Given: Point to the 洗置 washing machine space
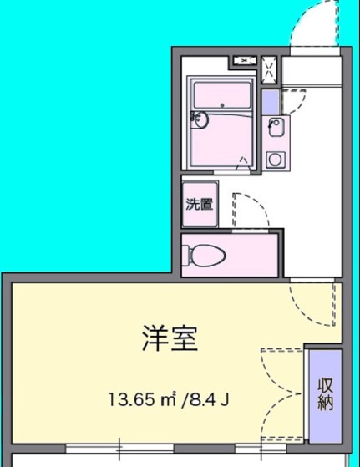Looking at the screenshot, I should [x=199, y=203].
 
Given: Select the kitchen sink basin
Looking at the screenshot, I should [x=276, y=129].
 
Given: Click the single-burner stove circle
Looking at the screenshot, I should [x=274, y=158].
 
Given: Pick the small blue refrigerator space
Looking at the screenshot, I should [x=270, y=102].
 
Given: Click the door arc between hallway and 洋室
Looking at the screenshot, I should [x=314, y=305].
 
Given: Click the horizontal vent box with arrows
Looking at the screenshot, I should [x=245, y=59].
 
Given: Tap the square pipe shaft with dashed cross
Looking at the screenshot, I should [x=270, y=68].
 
